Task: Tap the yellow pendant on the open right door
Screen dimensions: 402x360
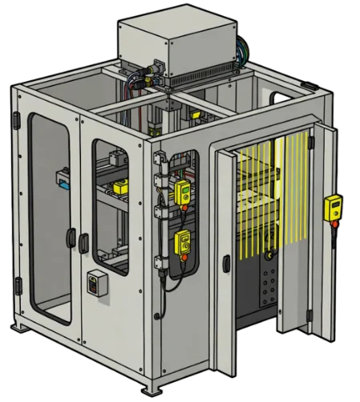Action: pos(330,207)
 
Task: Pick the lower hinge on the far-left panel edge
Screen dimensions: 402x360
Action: pos(18,284)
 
